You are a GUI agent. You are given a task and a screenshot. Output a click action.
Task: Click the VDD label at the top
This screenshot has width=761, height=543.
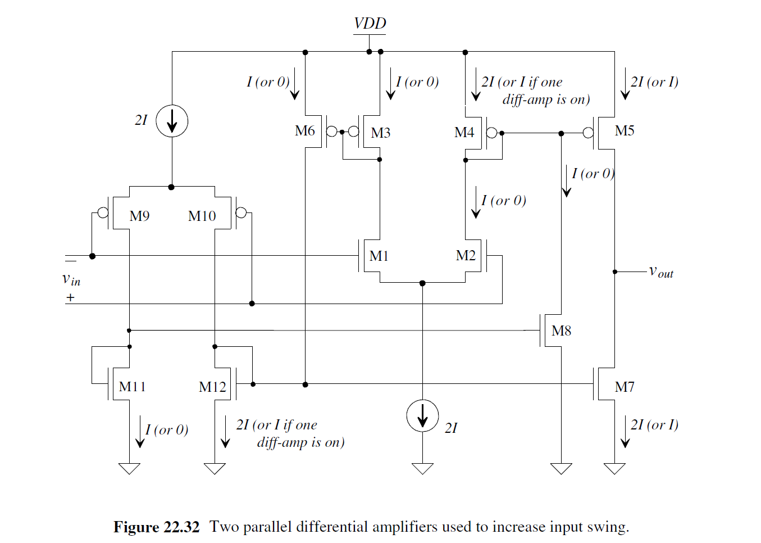click(x=370, y=24)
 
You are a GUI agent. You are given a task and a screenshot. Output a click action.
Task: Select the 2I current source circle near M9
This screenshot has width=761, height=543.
click(x=171, y=121)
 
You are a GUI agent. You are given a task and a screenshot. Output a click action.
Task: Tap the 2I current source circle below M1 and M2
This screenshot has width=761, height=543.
click(x=422, y=416)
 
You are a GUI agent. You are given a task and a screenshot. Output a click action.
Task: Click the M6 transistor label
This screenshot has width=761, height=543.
click(x=305, y=131)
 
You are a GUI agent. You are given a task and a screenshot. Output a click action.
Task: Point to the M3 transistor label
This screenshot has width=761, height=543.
click(x=380, y=133)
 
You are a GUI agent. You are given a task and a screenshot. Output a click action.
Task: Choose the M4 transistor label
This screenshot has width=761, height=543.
click(x=464, y=133)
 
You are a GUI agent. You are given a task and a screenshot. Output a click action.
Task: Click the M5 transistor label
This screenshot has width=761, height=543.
click(x=625, y=131)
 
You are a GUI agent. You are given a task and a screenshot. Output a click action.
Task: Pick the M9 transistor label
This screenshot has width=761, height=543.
click(x=139, y=216)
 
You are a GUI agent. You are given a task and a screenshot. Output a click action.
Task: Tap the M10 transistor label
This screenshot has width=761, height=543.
click(x=202, y=216)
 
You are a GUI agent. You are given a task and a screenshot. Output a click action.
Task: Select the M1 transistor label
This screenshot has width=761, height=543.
click(x=379, y=256)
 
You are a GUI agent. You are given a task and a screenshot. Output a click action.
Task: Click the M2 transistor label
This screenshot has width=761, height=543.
click(x=466, y=256)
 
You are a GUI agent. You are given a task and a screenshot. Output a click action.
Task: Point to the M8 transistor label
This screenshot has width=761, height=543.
click(x=561, y=331)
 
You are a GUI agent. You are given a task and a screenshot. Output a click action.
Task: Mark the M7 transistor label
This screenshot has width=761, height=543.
click(x=625, y=387)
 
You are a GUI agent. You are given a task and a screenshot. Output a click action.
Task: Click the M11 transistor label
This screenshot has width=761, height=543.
click(x=133, y=387)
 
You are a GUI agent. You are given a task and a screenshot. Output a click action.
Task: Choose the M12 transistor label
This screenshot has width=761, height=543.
click(x=212, y=387)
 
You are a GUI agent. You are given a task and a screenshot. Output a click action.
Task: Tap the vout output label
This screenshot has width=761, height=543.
click(x=661, y=272)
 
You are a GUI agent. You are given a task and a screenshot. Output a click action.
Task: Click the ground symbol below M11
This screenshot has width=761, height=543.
click(x=129, y=468)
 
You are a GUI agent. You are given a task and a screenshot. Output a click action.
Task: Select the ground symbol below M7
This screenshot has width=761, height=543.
click(x=614, y=468)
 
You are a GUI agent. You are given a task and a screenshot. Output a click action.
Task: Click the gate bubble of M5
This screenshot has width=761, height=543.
click(x=588, y=133)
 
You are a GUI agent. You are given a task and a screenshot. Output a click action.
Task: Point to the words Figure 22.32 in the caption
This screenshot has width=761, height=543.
click(x=156, y=527)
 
